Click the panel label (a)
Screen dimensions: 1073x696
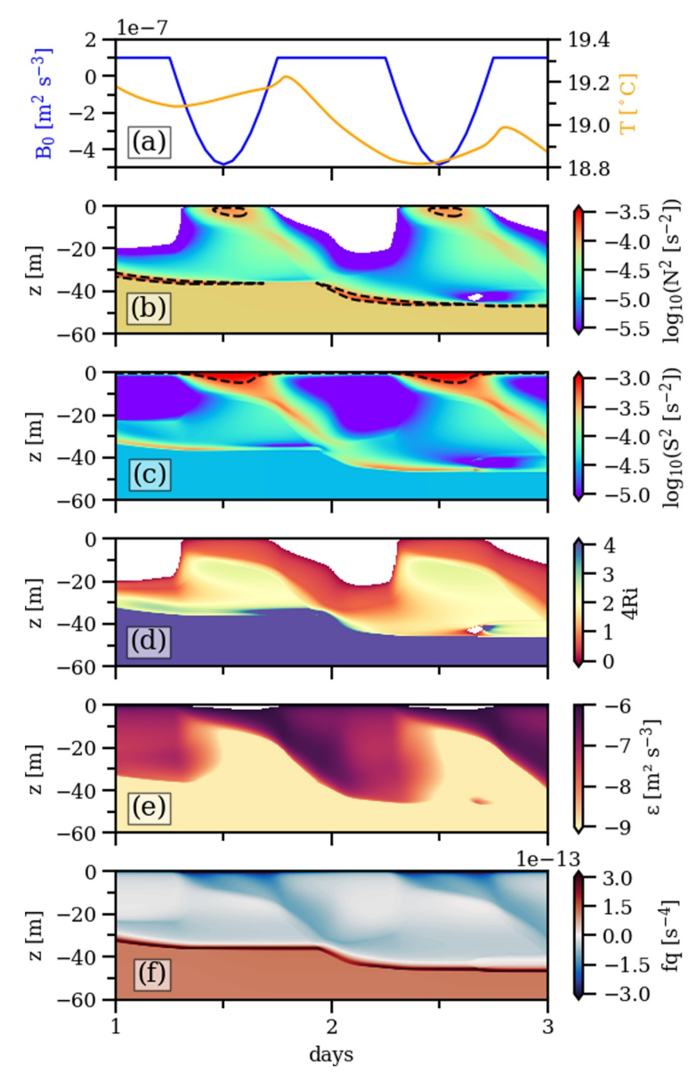click(148, 142)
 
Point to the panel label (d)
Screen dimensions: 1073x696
click(148, 641)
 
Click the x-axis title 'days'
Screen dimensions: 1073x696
click(331, 1055)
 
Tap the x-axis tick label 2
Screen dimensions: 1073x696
click(331, 1024)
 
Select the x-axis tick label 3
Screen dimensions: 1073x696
click(547, 1024)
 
